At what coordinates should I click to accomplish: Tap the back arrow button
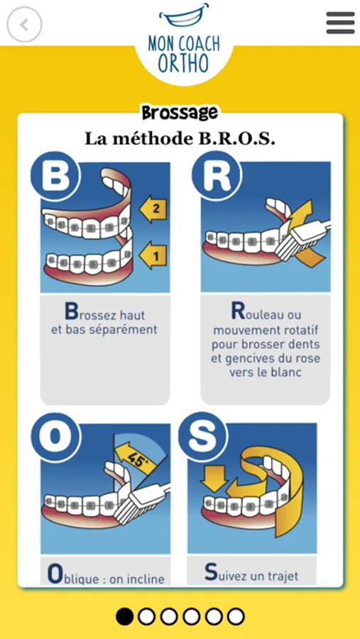[x=24, y=25]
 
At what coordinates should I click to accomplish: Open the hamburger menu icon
[x=340, y=23]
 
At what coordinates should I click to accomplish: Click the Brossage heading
[x=180, y=113]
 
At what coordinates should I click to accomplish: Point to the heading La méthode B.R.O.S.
[x=180, y=139]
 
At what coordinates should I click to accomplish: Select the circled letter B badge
[x=55, y=177]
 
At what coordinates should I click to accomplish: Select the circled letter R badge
[x=217, y=177]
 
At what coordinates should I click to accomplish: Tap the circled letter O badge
[x=56, y=437]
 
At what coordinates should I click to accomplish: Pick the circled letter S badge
[x=203, y=437]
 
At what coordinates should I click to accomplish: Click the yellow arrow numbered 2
[x=153, y=209]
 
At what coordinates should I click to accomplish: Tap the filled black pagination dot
[x=125, y=616]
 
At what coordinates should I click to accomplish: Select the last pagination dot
[x=236, y=616]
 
